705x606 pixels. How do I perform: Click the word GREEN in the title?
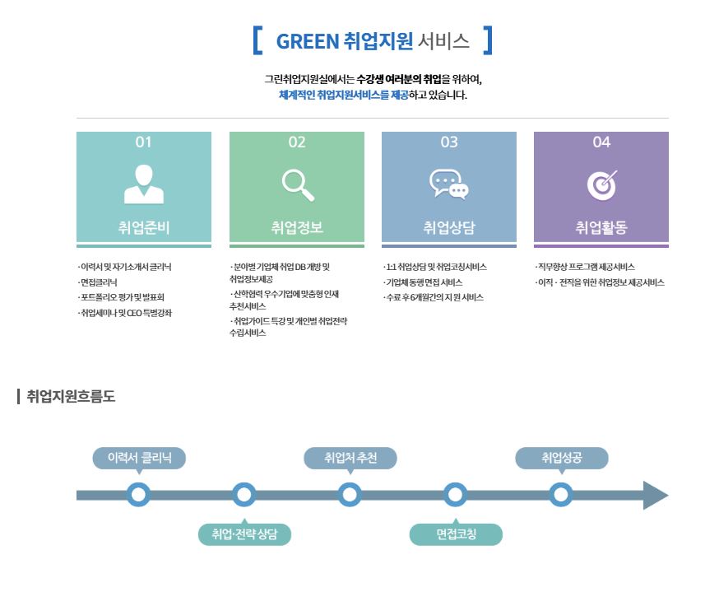307,41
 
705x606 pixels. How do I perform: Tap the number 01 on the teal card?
143,142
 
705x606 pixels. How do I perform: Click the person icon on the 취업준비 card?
144,184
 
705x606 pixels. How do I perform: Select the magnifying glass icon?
298,185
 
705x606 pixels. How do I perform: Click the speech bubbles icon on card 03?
448,184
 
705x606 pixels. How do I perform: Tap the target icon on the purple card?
602,185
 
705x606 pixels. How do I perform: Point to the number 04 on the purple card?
601,142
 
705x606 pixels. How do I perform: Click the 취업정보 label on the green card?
297,227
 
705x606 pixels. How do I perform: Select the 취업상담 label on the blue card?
448,227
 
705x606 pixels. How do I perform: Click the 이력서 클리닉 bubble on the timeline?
139,459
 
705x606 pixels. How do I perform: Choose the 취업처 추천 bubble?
350,459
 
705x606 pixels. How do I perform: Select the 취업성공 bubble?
562,459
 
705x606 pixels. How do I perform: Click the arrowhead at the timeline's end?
656,496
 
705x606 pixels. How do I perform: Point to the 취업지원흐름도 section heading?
71,396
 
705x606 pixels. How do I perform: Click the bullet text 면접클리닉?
99,282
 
